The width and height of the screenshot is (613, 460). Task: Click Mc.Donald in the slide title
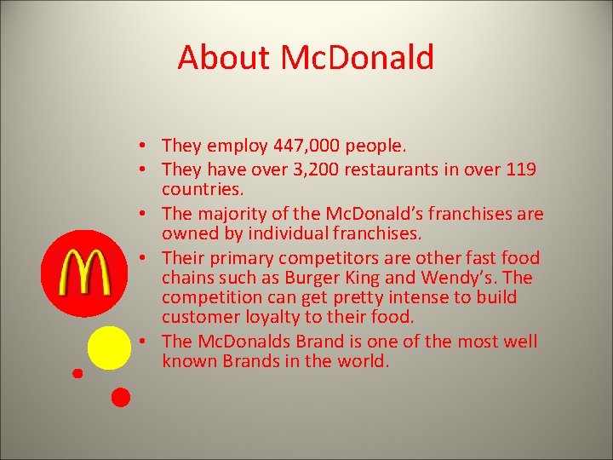(x=357, y=58)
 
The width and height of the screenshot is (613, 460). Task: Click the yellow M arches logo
(x=83, y=273)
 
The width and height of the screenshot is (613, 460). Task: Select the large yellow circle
(x=110, y=348)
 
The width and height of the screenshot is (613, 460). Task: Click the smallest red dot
(x=77, y=372)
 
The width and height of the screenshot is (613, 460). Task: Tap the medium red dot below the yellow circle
(x=121, y=396)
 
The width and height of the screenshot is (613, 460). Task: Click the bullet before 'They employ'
(x=148, y=146)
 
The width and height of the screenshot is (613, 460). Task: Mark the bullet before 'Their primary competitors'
(x=148, y=257)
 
